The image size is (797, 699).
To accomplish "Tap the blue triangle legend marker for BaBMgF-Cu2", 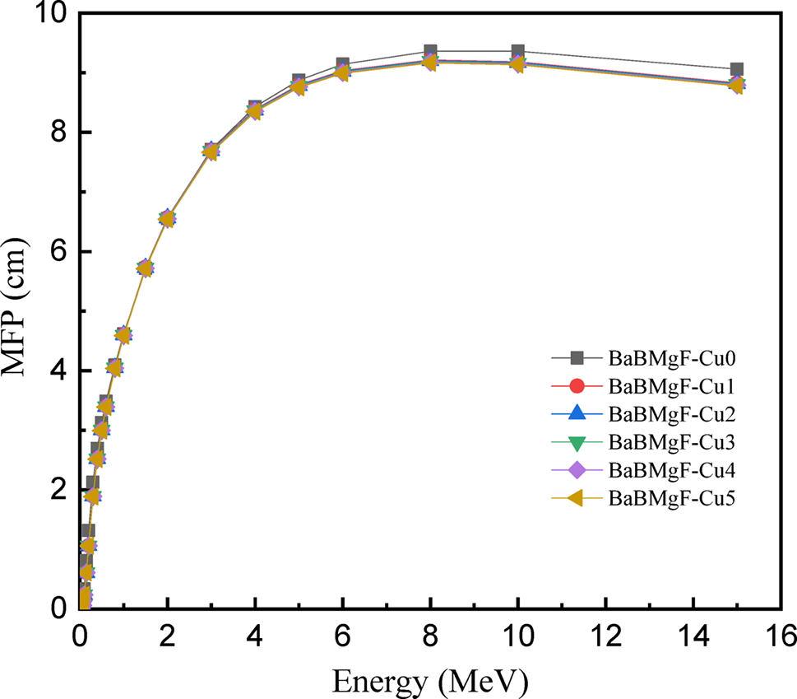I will tap(577, 414).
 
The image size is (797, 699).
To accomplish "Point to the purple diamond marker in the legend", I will tap(577, 470).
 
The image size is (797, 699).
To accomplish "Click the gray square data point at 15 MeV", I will tap(737, 70).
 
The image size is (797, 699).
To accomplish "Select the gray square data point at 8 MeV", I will tap(430, 52).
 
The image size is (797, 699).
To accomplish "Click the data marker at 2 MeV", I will tap(167, 218).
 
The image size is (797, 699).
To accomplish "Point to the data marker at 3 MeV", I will tap(211, 151).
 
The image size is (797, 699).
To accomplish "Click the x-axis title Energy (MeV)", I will tap(429, 682).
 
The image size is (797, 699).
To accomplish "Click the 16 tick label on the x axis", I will tap(781, 636).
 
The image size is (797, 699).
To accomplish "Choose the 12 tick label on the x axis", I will tap(605, 636).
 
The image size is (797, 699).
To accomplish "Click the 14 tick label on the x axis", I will tap(693, 636).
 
